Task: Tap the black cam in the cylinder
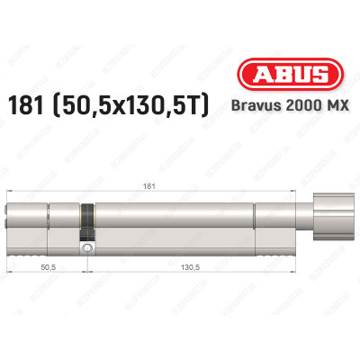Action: [x=87, y=219]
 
